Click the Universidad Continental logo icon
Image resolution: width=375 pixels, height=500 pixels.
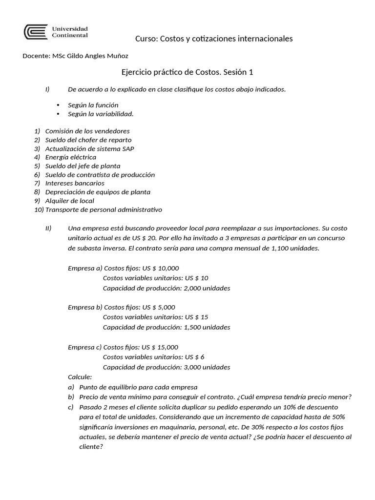[36, 32]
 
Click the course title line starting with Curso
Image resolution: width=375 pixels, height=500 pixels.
[213, 39]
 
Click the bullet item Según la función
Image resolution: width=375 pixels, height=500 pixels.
[93, 105]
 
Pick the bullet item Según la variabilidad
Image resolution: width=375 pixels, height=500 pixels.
[101, 114]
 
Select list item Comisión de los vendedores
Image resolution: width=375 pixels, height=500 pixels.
[87, 131]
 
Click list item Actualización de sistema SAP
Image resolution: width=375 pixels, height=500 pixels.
[89, 148]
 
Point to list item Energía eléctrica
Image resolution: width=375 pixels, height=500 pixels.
[71, 157]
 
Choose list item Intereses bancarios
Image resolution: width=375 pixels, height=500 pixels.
[75, 183]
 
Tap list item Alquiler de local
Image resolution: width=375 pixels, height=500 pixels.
[70, 201]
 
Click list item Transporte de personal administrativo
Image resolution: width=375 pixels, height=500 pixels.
[104, 209]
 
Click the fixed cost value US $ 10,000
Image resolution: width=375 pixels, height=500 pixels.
[161, 268]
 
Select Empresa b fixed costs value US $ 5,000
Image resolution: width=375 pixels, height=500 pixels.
[159, 307]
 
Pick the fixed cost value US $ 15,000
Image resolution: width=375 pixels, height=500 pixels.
[160, 347]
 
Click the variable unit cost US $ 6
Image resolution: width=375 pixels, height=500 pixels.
[195, 357]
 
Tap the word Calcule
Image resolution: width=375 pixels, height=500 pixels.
[80, 377]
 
